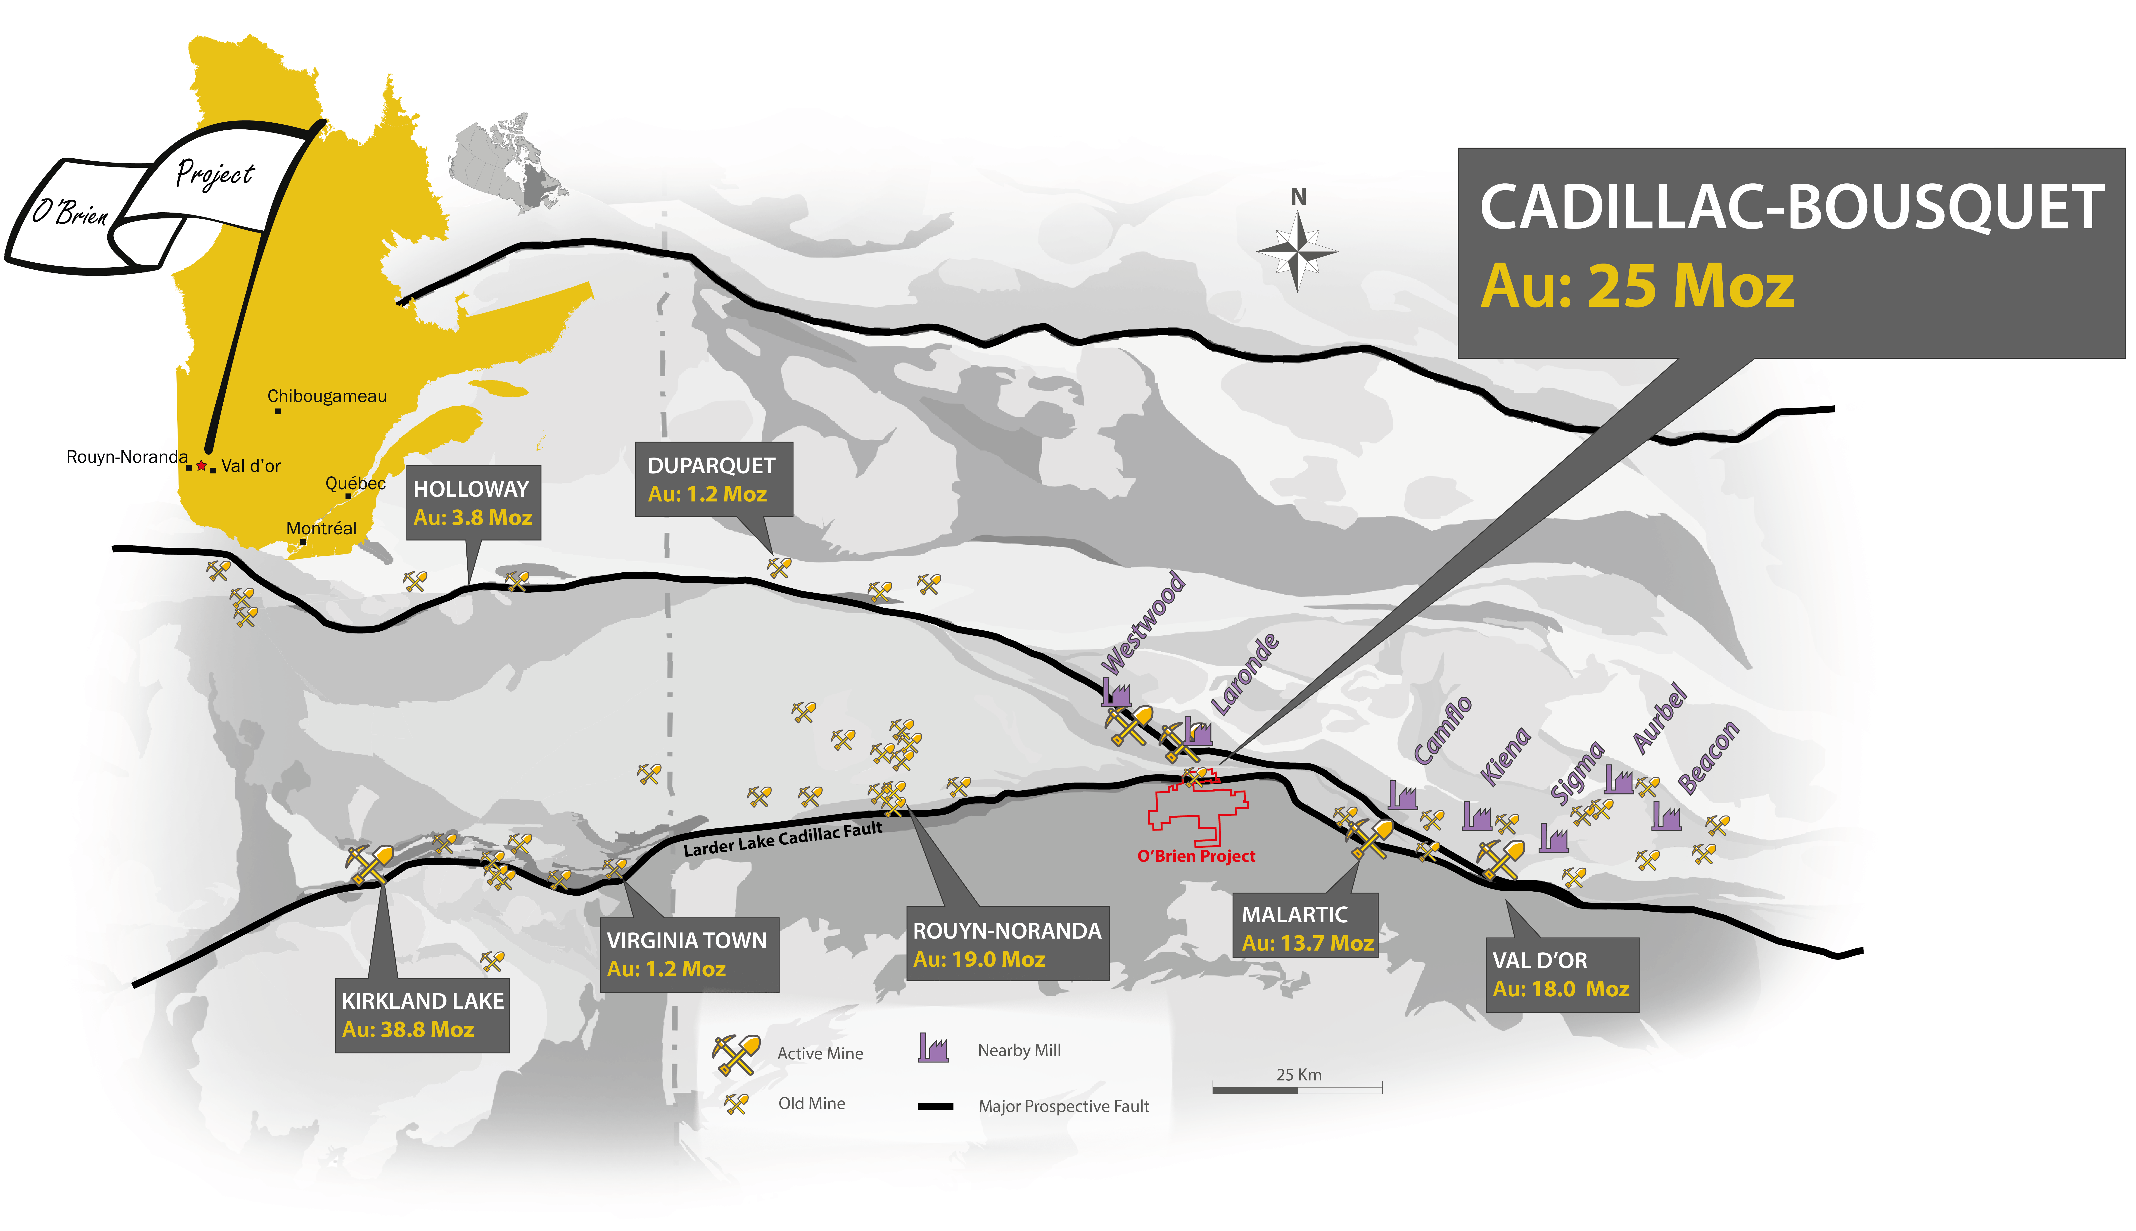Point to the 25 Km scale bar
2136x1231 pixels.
point(1298,1089)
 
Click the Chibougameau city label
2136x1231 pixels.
point(327,396)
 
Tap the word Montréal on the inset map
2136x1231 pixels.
point(321,528)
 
